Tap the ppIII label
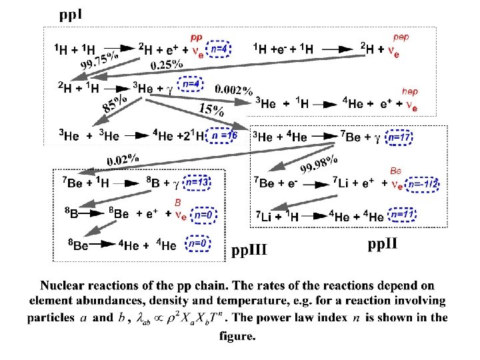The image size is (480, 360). point(249,250)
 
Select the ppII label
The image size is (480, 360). point(383,244)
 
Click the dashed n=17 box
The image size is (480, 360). point(400,137)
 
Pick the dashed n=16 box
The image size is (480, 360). point(225,135)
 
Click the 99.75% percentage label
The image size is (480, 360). point(99,59)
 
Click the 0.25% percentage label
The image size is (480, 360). point(167,65)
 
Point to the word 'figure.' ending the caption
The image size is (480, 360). point(237,336)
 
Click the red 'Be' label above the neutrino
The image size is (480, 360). point(395,171)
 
